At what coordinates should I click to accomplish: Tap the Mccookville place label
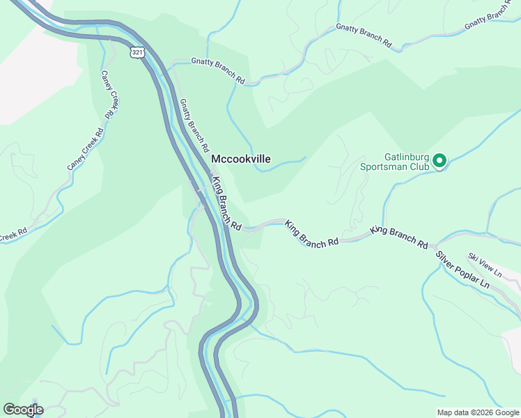[x=240, y=160]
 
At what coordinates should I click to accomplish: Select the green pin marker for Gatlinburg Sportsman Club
[x=440, y=161]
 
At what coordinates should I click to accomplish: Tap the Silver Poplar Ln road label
[x=463, y=272]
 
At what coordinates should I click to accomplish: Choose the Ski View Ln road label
[x=485, y=265]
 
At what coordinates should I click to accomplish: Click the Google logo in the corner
[x=22, y=410]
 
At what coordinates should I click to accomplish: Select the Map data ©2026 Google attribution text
[x=477, y=412]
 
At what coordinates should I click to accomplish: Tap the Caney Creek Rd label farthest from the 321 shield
[x=86, y=149]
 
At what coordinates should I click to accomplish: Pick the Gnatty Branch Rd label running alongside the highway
[x=194, y=125]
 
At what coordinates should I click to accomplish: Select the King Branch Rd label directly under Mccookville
[x=226, y=203]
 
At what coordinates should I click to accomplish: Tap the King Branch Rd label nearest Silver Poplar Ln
[x=399, y=237]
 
